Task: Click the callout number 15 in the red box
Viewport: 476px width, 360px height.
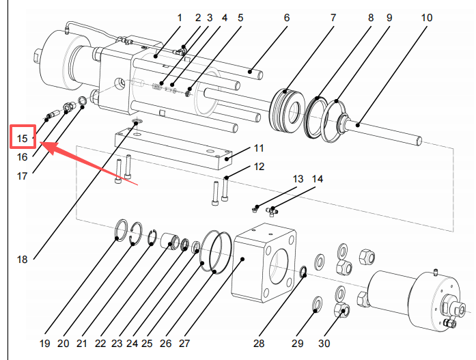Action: [x=23, y=139]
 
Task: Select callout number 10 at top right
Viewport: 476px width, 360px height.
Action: [x=426, y=18]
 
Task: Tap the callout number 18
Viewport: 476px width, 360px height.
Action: [x=23, y=259]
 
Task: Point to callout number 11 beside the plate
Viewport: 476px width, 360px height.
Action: [x=259, y=148]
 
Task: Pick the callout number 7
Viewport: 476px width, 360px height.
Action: [x=333, y=18]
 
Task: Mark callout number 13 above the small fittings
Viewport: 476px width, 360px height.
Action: [x=298, y=179]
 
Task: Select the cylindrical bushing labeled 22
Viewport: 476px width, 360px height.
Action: [x=167, y=240]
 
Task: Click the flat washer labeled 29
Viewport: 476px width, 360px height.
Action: [x=318, y=302]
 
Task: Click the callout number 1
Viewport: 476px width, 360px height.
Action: [x=180, y=18]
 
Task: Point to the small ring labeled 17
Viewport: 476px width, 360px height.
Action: [x=82, y=102]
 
